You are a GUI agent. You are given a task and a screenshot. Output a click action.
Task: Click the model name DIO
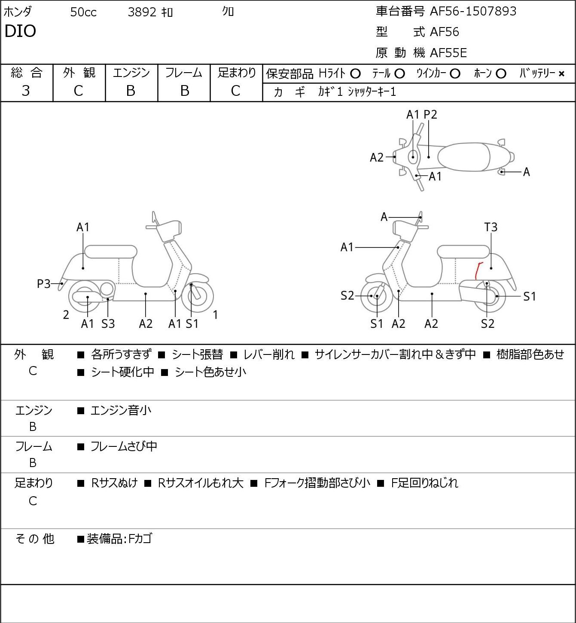pyautogui.click(x=20, y=31)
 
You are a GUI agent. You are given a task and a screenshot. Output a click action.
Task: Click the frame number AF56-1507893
pyautogui.click(x=473, y=11)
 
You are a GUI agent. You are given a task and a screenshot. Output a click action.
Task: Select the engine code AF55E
pyautogui.click(x=448, y=53)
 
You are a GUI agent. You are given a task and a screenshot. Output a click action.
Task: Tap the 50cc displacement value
pyautogui.click(x=83, y=12)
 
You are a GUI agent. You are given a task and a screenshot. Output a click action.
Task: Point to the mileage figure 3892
pyautogui.click(x=142, y=12)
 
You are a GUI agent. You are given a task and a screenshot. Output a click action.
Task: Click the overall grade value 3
pyautogui.click(x=26, y=91)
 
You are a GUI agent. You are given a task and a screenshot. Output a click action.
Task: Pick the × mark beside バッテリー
pyautogui.click(x=561, y=74)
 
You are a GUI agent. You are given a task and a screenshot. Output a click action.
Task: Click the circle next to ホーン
pyautogui.click(x=501, y=74)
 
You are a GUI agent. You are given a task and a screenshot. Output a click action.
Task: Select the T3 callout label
pyautogui.click(x=491, y=227)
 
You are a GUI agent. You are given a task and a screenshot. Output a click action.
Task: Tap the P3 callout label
pyautogui.click(x=44, y=284)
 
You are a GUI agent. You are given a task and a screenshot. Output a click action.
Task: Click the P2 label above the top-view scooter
pyautogui.click(x=430, y=114)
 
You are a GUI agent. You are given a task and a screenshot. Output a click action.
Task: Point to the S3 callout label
pyautogui.click(x=108, y=324)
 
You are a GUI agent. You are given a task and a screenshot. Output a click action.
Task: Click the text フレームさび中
pyautogui.click(x=124, y=446)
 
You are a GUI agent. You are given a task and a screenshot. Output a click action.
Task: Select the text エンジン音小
pyautogui.click(x=121, y=410)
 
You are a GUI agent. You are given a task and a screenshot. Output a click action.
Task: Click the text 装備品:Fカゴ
pyautogui.click(x=119, y=539)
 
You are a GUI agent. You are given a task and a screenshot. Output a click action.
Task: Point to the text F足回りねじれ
pyautogui.click(x=424, y=483)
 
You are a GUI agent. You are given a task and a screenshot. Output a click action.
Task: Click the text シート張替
pyautogui.click(x=197, y=354)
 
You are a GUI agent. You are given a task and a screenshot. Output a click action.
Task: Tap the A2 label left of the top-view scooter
pyautogui.click(x=376, y=157)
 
